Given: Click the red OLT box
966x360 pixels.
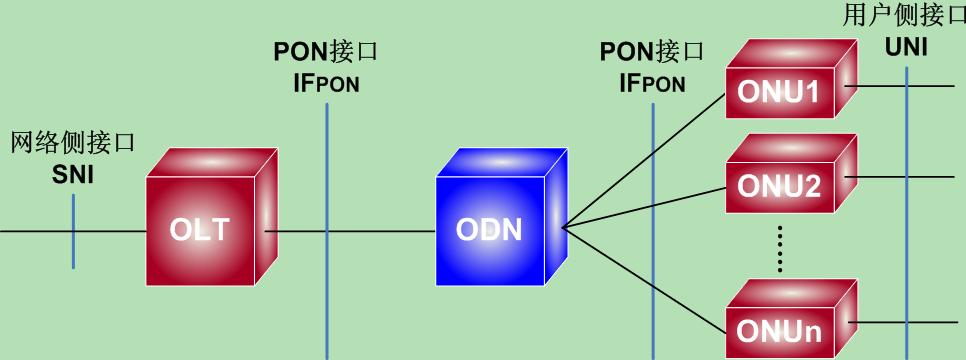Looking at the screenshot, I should [x=205, y=229].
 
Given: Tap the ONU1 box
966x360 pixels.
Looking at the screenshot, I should [x=780, y=92].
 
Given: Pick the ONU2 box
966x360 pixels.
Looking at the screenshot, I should [x=780, y=186].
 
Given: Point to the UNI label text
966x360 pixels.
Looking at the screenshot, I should [x=906, y=45].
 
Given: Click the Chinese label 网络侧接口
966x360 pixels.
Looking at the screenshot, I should [x=72, y=143].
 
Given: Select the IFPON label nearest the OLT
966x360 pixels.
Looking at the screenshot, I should [x=326, y=83].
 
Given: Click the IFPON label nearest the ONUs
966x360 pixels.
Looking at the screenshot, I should [x=652, y=83].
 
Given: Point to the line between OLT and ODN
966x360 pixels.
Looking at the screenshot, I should [x=380, y=231].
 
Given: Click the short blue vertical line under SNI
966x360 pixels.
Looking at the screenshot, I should [x=73, y=231].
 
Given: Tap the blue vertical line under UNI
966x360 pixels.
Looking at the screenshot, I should [x=907, y=200].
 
